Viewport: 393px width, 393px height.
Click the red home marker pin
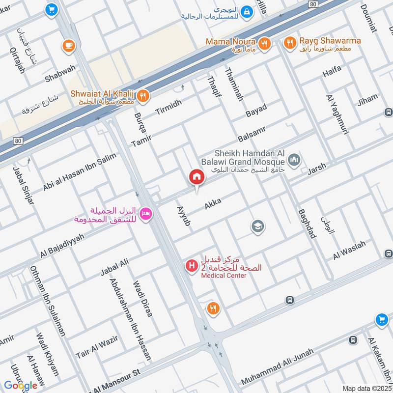[197, 177]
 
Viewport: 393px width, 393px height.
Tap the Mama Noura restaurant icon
[264, 44]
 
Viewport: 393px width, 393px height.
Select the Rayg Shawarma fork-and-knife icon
[290, 44]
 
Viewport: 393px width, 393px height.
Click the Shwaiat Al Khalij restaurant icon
[143, 96]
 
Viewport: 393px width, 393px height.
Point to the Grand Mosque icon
[294, 160]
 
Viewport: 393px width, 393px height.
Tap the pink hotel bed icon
[146, 214]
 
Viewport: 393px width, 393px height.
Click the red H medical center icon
[191, 266]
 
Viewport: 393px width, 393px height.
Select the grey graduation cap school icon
[257, 226]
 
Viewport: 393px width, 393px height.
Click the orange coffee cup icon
[68, 46]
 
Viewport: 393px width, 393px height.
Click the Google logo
[21, 385]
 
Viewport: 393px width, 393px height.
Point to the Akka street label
[213, 202]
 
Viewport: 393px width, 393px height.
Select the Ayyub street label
[183, 216]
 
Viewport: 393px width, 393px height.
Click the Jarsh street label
[316, 170]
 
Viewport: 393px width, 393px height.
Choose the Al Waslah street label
[349, 251]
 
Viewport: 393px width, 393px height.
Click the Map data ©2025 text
[365, 388]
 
